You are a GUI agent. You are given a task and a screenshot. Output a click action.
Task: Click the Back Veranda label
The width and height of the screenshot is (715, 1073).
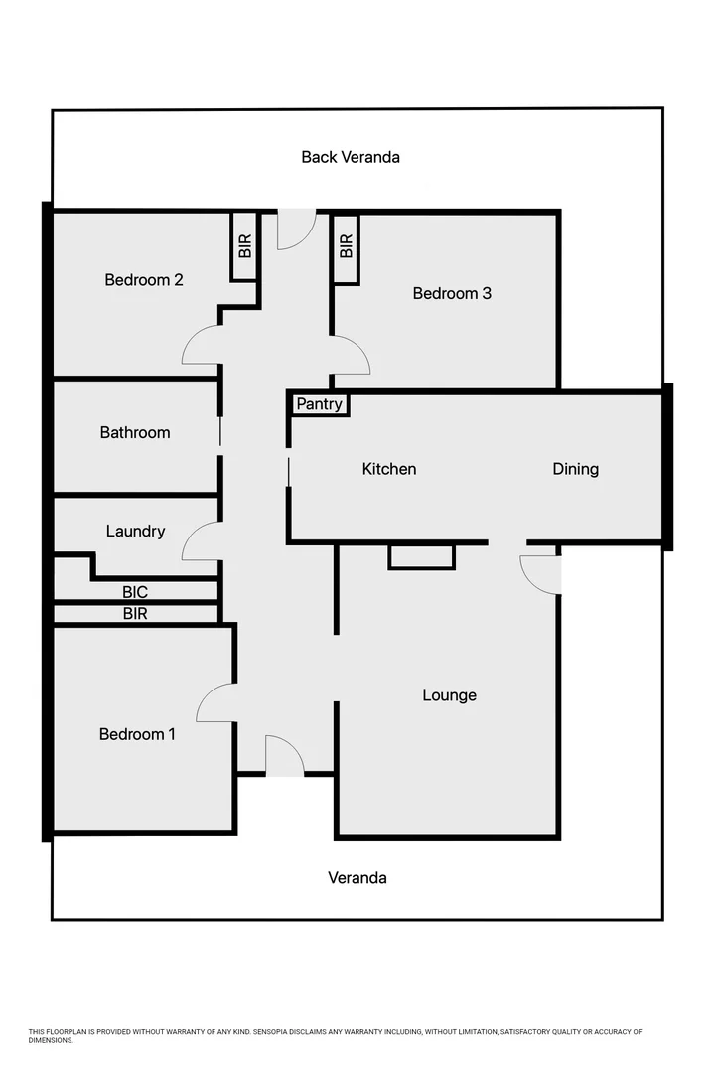coord(351,157)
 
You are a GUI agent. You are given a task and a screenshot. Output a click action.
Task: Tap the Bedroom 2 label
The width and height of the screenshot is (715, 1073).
coord(144,280)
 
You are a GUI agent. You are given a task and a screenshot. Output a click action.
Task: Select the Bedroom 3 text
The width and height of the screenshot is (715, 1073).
coord(452,293)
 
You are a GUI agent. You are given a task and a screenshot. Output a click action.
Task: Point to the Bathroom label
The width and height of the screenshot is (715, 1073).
coord(135,432)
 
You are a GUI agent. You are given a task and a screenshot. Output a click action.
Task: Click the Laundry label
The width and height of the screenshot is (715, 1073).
coord(135,531)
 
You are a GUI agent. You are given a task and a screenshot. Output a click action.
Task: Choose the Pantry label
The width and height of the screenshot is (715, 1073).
coord(320,404)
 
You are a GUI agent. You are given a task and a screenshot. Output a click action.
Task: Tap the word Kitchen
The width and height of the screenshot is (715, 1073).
coord(389,469)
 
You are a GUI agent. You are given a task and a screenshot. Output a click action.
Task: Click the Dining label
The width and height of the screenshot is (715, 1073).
coord(576,469)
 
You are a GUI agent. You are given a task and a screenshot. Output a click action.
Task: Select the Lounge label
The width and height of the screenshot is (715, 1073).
coord(450,695)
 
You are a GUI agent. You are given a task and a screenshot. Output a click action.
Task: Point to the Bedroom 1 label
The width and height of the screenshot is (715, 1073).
coord(137,734)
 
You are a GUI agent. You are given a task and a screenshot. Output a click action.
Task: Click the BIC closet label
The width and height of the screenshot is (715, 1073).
coord(135,592)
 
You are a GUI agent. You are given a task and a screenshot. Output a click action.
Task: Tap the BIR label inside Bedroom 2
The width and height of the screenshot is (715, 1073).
coord(245,246)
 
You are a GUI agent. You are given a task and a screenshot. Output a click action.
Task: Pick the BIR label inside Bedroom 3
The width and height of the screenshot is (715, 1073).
coord(346,246)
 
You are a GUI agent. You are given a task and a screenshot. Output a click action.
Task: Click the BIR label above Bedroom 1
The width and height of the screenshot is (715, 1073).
coord(135,614)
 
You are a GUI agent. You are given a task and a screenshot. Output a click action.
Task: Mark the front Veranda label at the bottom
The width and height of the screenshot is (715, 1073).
coord(357,878)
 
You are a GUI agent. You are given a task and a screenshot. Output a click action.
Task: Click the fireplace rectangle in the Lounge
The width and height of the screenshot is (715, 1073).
coord(421,556)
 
